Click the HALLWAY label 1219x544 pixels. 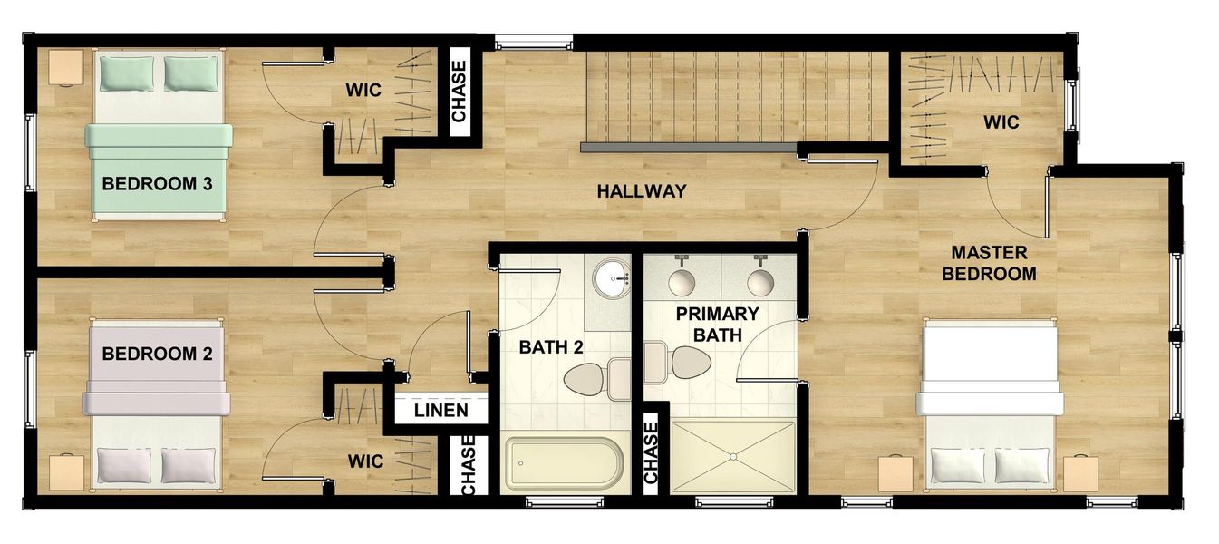pyautogui.click(x=641, y=191)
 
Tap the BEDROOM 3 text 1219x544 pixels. pyautogui.click(x=157, y=184)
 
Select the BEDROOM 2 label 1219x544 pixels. pyautogui.click(x=157, y=354)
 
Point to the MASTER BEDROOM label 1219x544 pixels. pyautogui.click(x=989, y=263)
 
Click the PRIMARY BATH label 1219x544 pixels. pyautogui.click(x=717, y=325)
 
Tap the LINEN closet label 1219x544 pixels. pyautogui.click(x=441, y=411)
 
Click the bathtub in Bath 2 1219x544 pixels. pyautogui.click(x=564, y=464)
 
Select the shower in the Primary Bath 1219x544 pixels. pyautogui.click(x=732, y=457)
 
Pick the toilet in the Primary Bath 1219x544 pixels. pyautogui.click(x=682, y=363)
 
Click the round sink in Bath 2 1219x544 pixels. pyautogui.click(x=614, y=277)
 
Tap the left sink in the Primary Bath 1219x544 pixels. pyautogui.click(x=682, y=281)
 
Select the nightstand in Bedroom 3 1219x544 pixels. pyautogui.click(x=65, y=67)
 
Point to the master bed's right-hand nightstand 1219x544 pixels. pyautogui.click(x=1080, y=473)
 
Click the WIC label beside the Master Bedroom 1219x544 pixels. pyautogui.click(x=1001, y=122)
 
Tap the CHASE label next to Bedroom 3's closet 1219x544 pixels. pyautogui.click(x=460, y=92)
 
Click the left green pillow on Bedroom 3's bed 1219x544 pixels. pyautogui.click(x=120, y=73)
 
